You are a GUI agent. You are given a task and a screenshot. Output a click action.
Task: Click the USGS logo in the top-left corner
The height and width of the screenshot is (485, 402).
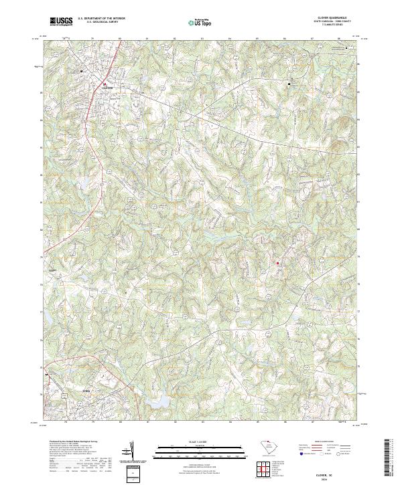click(x=62, y=21)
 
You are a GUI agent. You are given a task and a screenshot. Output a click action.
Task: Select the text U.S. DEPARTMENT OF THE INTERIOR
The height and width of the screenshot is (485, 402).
click(x=102, y=18)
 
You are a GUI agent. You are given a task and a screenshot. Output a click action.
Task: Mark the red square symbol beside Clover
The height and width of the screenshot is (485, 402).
click(x=105, y=84)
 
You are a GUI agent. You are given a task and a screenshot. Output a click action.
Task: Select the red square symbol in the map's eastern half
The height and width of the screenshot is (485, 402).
click(x=277, y=263)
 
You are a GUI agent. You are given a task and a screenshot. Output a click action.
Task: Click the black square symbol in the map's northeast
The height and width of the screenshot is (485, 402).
click(x=289, y=84)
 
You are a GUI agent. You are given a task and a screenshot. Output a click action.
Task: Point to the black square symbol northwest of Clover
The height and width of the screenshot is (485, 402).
click(x=82, y=71)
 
